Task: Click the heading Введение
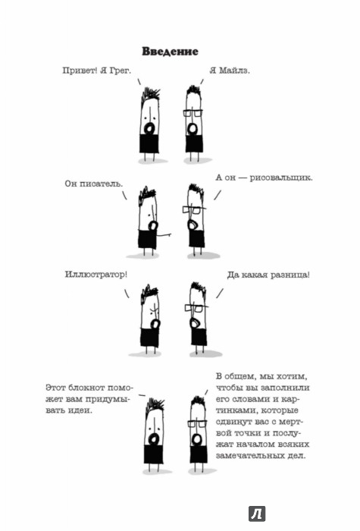tap(170, 52)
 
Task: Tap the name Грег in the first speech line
tap(120, 71)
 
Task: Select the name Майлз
tap(234, 71)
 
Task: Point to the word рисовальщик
tap(281, 178)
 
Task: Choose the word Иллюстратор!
tap(96, 274)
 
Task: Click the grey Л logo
tap(257, 514)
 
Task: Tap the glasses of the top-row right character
tap(193, 113)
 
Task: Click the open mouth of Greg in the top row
tap(149, 128)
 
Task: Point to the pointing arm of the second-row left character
tap(164, 234)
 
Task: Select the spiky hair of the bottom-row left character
tap(155, 404)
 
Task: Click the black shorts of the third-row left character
tap(149, 338)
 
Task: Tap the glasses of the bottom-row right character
tap(198, 423)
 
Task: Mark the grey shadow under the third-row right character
tap(205, 354)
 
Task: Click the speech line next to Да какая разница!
tap(220, 294)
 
